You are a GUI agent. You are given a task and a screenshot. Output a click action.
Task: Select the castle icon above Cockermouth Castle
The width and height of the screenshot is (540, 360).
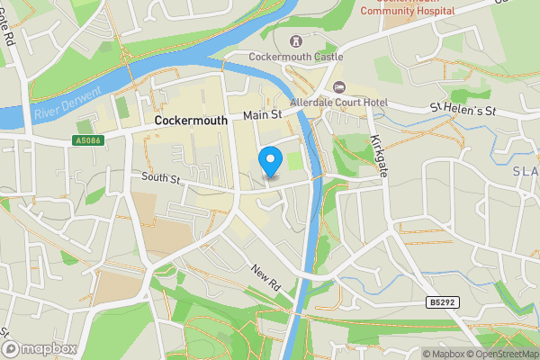[x=296, y=41]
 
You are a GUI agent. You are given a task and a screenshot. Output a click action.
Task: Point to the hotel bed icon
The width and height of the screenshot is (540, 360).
[x=339, y=86]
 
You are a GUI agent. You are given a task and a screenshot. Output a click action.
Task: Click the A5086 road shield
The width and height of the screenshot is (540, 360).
[x=87, y=140]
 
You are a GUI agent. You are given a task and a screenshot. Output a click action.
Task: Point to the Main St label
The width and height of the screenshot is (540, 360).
[x=263, y=116]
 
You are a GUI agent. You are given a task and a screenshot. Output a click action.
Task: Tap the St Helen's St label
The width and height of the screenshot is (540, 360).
[x=463, y=109]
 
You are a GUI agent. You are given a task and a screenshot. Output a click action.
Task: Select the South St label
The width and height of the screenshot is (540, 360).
[x=161, y=179]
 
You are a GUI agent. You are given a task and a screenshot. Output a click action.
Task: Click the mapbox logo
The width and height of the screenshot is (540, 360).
[x=39, y=348]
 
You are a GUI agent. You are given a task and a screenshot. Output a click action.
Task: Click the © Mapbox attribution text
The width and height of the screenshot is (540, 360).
[x=447, y=354]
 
